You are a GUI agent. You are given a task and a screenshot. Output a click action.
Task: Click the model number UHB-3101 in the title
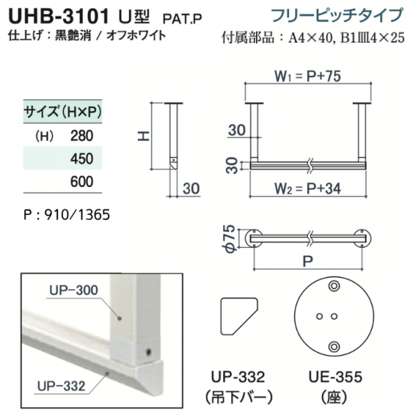pos(59,17)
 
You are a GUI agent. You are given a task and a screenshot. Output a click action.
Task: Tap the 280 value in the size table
pos(82,136)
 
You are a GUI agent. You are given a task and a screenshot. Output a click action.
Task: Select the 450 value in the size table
pos(82,158)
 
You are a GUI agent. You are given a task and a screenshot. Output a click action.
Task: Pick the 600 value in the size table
pos(82,182)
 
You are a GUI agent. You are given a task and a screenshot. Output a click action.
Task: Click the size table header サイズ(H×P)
pos(62,112)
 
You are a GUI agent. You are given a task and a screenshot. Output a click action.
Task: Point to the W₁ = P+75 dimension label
pos(308,76)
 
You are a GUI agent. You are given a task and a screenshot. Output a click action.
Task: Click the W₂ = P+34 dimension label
pos(308,188)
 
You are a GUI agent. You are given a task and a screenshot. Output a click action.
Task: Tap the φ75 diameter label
pos(230,239)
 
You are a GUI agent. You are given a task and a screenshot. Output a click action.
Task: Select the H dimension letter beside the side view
pos(144,136)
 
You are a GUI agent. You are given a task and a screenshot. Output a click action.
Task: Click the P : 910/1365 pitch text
pos(67,215)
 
